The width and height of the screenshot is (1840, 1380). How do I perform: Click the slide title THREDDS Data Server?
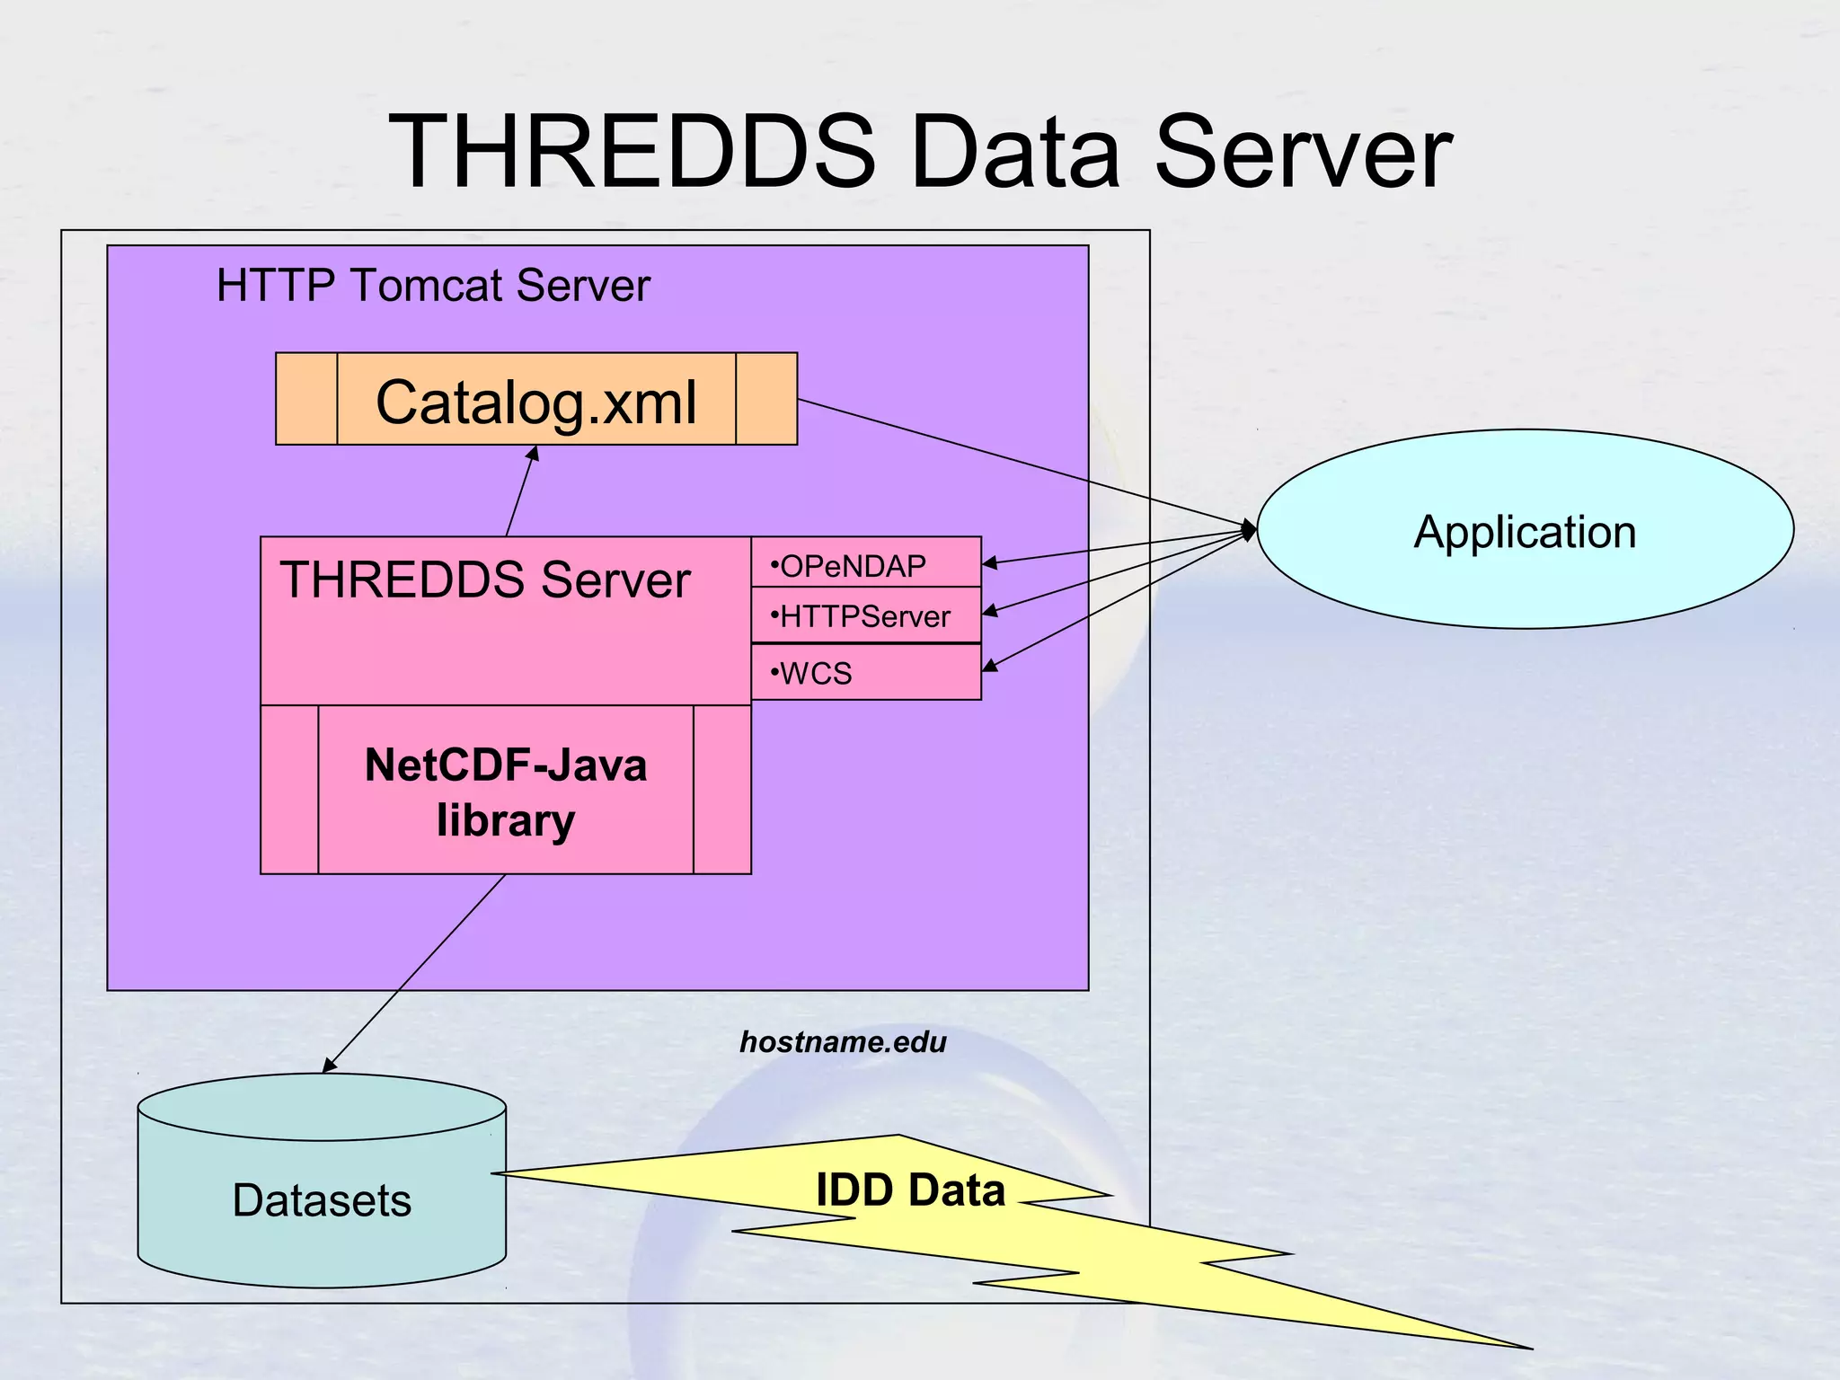(x=919, y=153)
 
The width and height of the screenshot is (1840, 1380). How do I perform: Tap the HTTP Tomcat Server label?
(x=433, y=286)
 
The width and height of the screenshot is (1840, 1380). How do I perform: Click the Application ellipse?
(x=1525, y=530)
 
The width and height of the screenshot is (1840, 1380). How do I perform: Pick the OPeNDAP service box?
(x=865, y=564)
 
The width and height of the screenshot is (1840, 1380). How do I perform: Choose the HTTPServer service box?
(x=865, y=616)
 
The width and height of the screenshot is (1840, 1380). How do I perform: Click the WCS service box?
(x=865, y=673)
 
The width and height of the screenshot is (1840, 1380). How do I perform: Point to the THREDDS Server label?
(x=485, y=579)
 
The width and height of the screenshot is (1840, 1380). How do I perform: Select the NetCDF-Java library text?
(x=506, y=792)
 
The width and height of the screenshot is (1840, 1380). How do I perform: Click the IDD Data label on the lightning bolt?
(x=910, y=1190)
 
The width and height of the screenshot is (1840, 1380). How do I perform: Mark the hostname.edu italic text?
(x=843, y=1042)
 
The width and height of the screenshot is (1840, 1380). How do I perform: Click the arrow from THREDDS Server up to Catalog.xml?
(x=521, y=492)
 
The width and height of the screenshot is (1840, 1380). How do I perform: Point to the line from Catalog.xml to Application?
(x=1024, y=462)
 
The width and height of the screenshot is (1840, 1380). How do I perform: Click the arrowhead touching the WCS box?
(x=989, y=666)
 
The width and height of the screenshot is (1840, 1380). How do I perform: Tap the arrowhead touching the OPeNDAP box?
(x=989, y=563)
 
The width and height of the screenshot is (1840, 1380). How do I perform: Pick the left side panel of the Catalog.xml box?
(x=306, y=399)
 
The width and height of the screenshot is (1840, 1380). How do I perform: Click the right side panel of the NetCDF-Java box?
(x=722, y=789)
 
